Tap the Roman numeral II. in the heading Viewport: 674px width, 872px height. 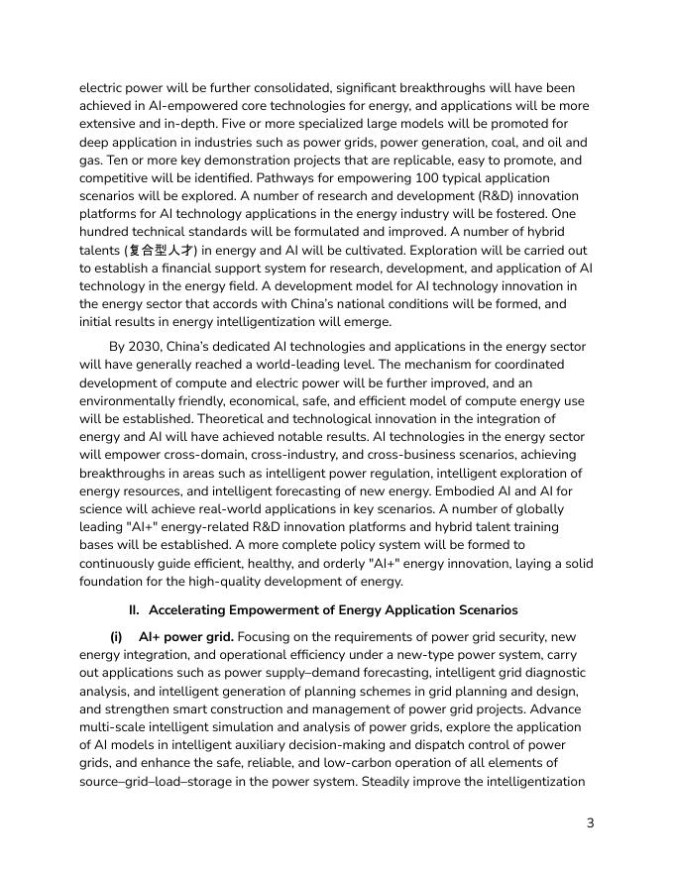coord(136,609)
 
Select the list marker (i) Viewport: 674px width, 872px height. coord(116,636)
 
